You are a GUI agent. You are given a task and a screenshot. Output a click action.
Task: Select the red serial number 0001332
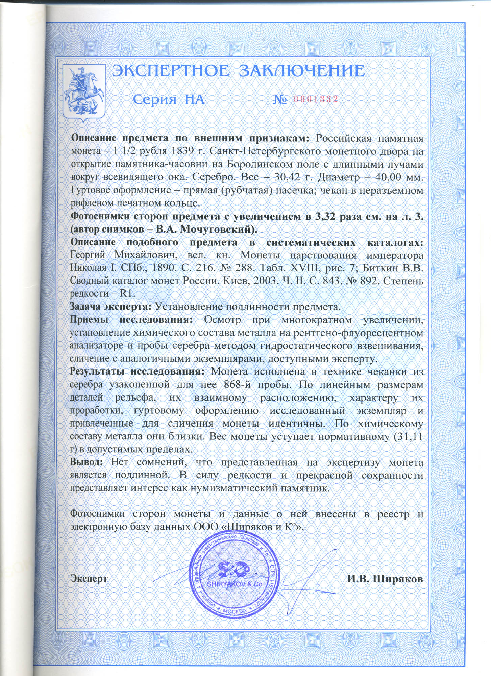point(316,99)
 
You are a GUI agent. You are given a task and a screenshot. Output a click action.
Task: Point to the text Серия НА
point(169,100)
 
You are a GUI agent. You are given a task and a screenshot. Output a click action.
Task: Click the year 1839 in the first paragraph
point(182,151)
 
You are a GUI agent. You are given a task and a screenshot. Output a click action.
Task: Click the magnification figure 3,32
point(325,216)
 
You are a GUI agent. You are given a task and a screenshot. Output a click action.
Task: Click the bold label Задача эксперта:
point(111,307)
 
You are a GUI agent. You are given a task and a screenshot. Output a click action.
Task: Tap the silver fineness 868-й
point(241,384)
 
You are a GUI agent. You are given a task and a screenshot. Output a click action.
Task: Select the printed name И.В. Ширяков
point(385,579)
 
